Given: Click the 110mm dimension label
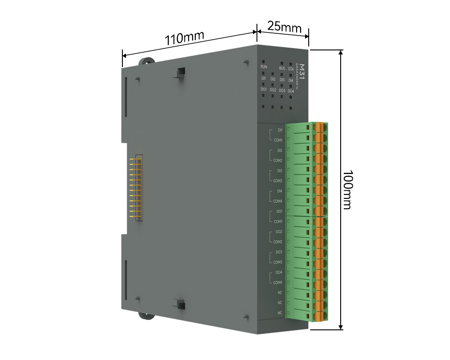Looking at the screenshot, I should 184,38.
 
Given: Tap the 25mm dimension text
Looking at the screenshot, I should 284,26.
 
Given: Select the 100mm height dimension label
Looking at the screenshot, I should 347,189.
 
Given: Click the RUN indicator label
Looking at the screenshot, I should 264,67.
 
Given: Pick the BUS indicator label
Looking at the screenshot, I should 282,68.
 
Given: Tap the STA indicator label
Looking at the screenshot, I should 291,69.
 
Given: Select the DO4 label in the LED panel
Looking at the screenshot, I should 291,91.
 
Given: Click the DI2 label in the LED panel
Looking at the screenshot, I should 273,79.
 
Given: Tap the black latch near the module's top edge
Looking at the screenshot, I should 181,72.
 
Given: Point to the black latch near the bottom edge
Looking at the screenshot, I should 181,305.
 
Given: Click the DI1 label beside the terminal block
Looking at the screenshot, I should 280,130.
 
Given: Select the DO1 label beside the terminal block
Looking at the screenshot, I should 279,211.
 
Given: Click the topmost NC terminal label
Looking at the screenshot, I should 280,292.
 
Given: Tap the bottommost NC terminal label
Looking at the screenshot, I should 280,313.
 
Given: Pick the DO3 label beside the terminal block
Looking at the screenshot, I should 279,252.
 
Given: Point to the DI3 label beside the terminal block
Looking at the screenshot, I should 279,171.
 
